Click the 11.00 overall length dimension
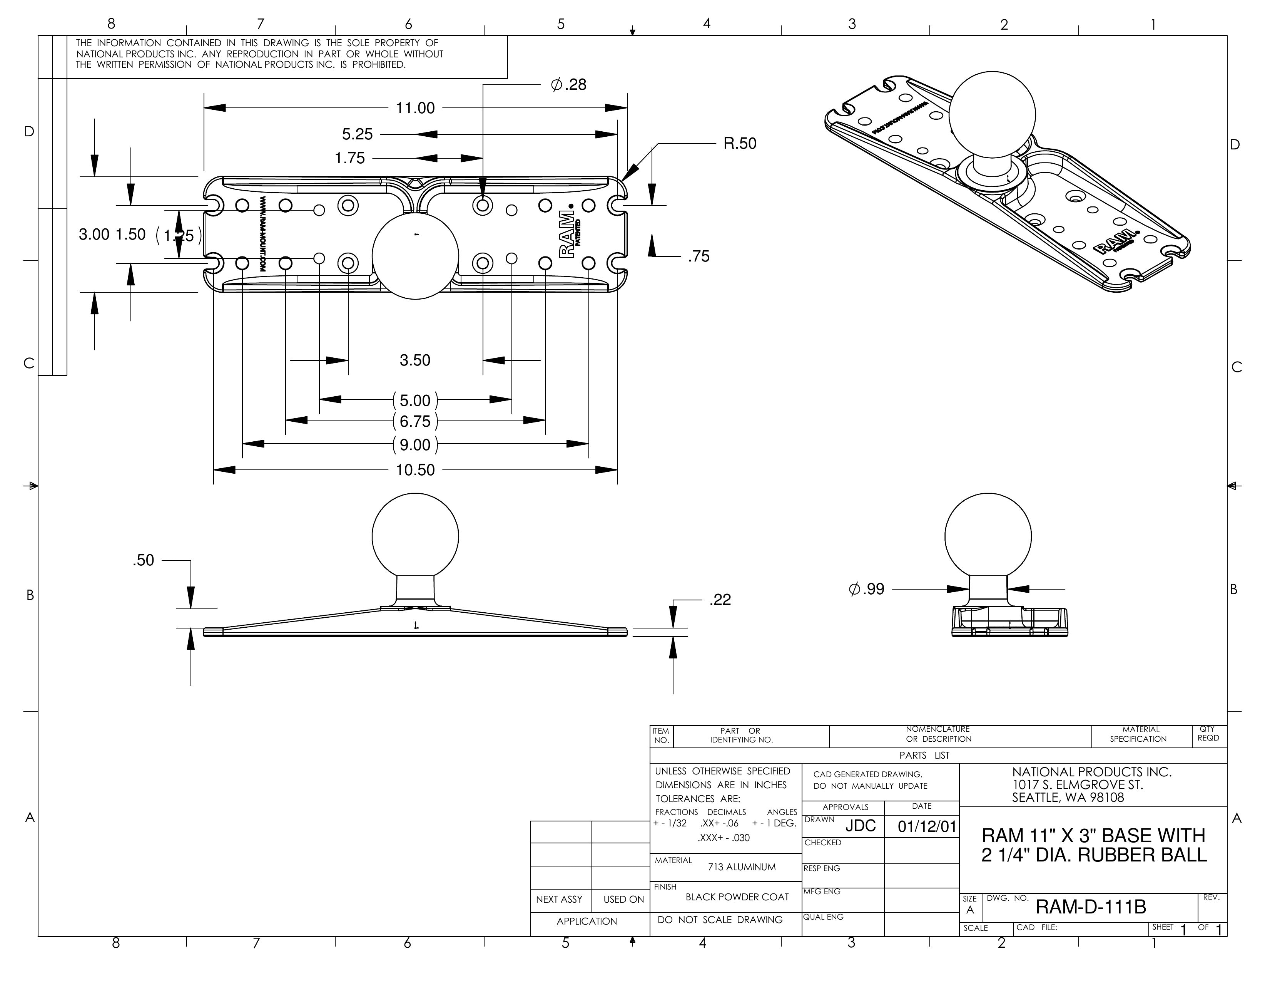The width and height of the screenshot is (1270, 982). (415, 108)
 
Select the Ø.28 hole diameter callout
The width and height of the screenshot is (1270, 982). (569, 85)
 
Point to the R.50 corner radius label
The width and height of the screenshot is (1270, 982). (740, 144)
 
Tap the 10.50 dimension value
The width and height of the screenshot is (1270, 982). (415, 470)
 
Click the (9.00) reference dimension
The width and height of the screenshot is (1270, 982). (415, 445)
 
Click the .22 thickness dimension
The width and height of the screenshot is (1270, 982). (720, 600)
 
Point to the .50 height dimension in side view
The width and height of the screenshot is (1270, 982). (143, 560)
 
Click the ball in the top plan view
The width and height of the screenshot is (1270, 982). (415, 256)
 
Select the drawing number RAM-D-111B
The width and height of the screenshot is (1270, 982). (1091, 907)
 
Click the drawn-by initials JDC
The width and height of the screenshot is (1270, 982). (860, 826)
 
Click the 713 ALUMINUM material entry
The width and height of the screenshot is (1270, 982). (742, 867)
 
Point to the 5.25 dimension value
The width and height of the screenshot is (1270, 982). (357, 134)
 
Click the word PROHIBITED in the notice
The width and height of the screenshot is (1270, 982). (379, 65)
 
